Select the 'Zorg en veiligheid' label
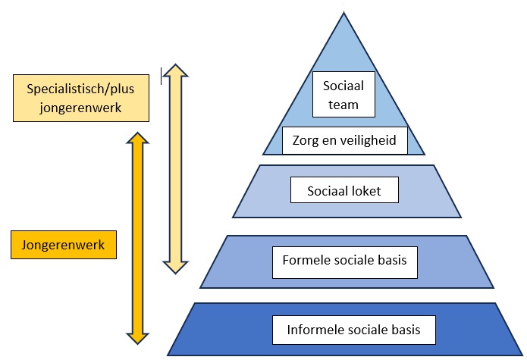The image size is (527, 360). [344, 140]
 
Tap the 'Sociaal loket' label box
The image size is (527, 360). [345, 189]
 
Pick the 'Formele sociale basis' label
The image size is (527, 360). [344, 261]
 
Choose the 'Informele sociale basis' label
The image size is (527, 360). [353, 330]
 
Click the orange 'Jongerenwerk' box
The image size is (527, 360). [64, 245]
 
